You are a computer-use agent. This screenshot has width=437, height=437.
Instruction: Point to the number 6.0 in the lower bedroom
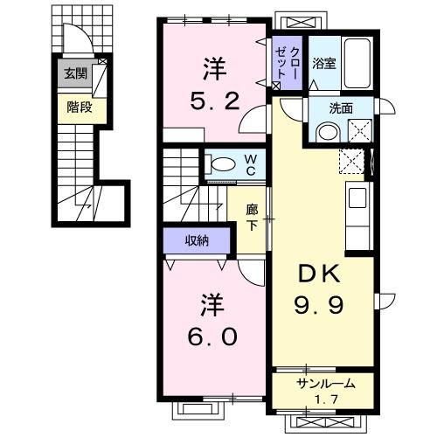(x=211, y=336)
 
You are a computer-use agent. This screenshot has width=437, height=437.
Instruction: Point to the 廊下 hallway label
(x=253, y=216)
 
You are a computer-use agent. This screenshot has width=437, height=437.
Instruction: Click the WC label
(x=249, y=163)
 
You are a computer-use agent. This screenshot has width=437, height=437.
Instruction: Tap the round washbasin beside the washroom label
(x=327, y=133)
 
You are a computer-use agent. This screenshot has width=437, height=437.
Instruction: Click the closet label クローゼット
(x=288, y=63)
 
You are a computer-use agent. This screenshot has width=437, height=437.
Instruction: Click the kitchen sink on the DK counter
(x=358, y=197)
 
